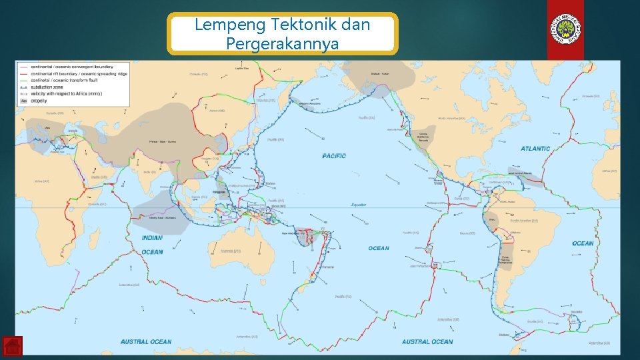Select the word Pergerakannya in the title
[x=283, y=44]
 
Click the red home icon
[x=12, y=347]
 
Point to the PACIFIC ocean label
[x=335, y=156]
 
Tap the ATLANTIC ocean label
[x=535, y=149]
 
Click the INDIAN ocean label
[x=152, y=238]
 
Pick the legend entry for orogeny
[x=39, y=101]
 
